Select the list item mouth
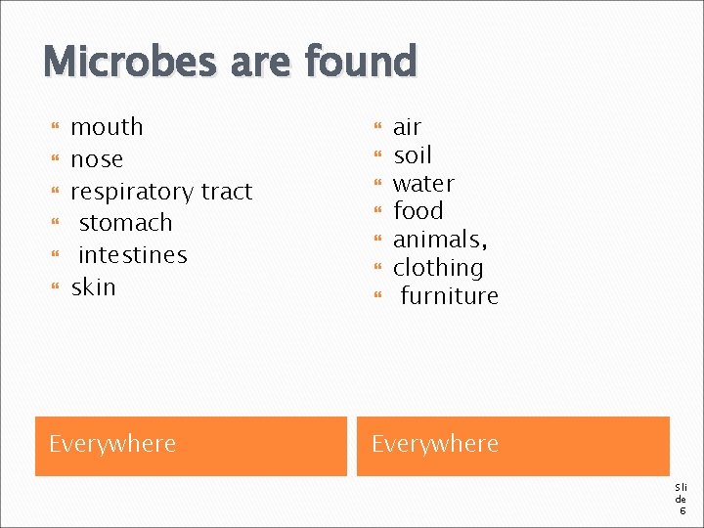point(107,127)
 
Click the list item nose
point(97,159)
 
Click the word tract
point(227,192)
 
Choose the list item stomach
point(125,223)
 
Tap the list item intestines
point(132,255)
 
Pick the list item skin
point(93,287)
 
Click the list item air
point(407,127)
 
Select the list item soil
point(412,155)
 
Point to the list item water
point(423,184)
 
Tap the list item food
point(418,211)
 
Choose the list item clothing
point(437,268)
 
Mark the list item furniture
point(449,296)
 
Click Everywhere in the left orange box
point(112,444)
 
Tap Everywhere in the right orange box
point(434,444)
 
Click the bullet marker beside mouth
point(55,128)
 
